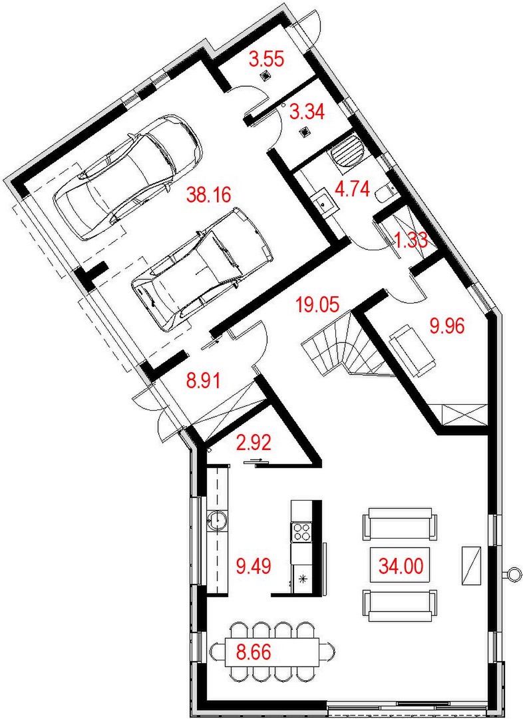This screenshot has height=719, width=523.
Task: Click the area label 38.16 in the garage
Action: (208, 195)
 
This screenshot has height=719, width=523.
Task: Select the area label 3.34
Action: (307, 112)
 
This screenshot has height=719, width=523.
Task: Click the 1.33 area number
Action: (411, 240)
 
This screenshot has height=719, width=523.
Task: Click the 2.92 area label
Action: (254, 443)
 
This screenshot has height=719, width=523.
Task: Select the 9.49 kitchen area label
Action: (254, 566)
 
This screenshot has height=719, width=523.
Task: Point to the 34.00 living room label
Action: (401, 566)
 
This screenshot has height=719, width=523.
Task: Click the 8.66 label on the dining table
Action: (254, 650)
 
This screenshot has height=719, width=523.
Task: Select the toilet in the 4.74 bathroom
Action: (383, 194)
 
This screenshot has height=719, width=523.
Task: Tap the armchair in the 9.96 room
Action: (412, 350)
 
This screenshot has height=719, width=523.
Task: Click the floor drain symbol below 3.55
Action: (265, 77)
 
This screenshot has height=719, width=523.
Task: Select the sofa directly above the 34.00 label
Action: (399, 525)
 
